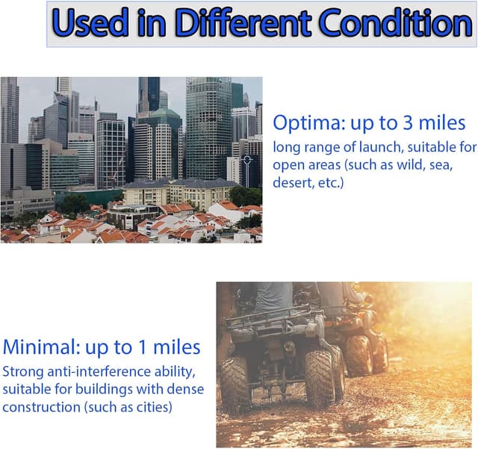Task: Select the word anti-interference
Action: (102, 371)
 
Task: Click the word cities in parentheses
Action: (155, 406)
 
